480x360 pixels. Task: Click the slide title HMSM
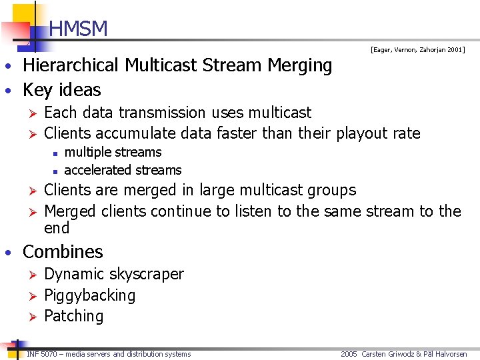point(78,29)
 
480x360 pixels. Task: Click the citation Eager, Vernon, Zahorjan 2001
point(418,50)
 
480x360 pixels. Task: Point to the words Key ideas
point(62,90)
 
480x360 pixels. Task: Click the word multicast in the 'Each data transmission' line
point(277,113)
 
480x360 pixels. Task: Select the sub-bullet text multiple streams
point(113,152)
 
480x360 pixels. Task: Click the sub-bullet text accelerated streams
point(123,170)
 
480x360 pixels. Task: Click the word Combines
point(63,252)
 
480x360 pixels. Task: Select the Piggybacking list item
point(89,295)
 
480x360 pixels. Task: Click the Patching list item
point(73,316)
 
